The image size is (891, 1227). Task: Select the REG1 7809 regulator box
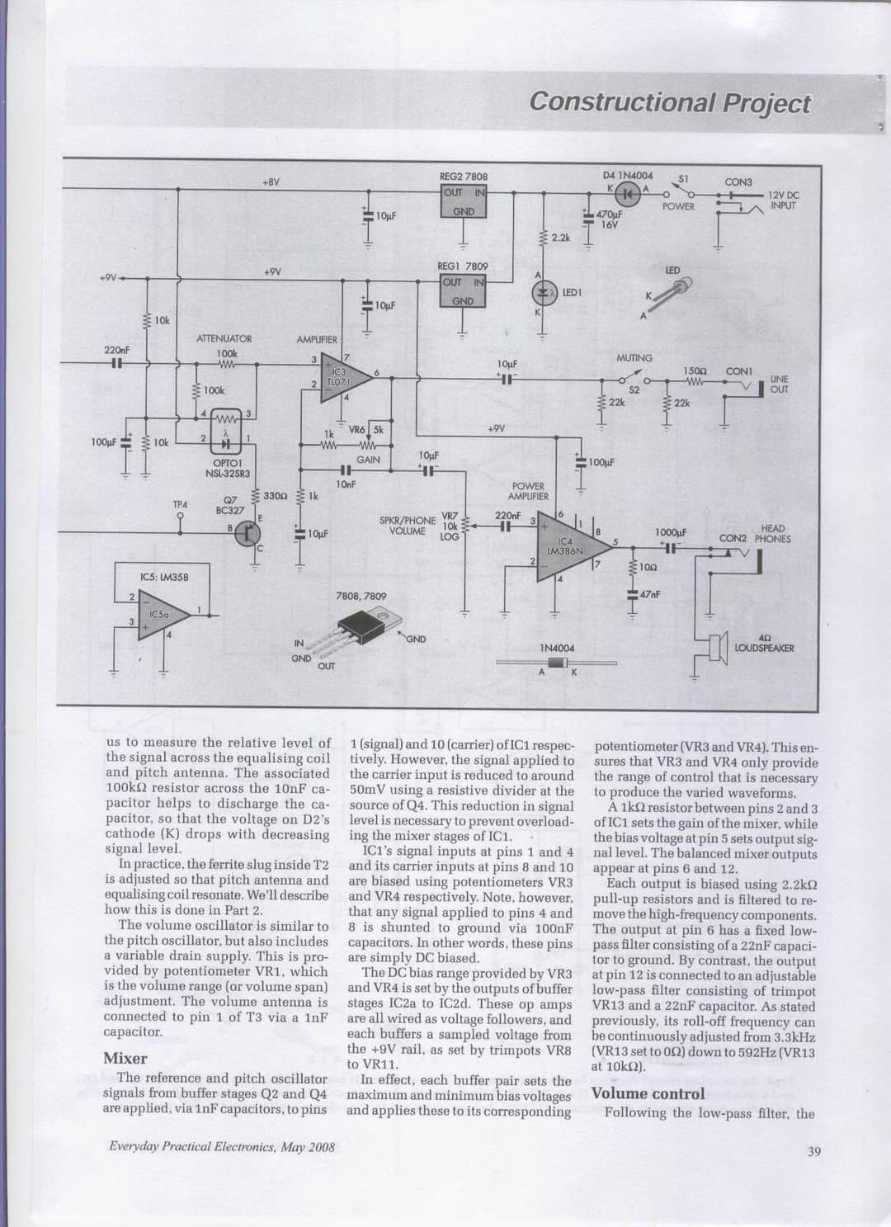point(464,291)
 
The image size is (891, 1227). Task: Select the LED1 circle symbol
point(542,293)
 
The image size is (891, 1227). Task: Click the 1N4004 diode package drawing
point(557,663)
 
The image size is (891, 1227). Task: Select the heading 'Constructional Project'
point(670,102)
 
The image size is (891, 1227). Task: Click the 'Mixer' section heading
point(125,1058)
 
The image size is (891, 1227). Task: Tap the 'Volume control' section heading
point(648,1093)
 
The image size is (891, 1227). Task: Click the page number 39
point(813,1152)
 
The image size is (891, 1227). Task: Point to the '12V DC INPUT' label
point(784,201)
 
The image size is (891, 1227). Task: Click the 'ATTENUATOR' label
point(224,339)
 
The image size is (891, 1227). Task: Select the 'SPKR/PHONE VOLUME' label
point(407,525)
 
